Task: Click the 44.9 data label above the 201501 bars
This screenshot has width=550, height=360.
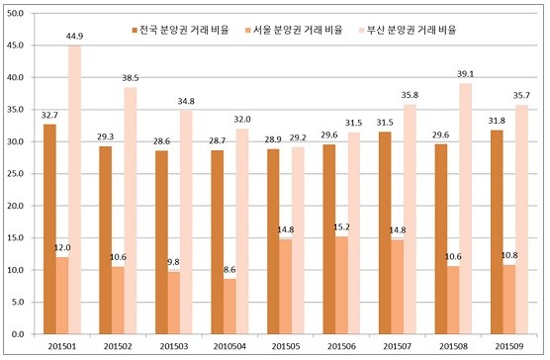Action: (x=74, y=37)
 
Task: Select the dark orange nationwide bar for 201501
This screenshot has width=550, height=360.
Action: (x=49, y=228)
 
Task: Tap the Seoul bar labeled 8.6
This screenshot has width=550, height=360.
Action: (x=229, y=307)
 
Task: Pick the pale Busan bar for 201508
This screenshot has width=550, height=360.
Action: (x=466, y=209)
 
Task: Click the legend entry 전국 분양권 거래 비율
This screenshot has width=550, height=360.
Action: (x=180, y=30)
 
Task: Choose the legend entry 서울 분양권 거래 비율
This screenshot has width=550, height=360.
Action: (x=294, y=30)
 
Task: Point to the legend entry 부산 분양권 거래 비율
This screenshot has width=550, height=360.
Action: (x=408, y=30)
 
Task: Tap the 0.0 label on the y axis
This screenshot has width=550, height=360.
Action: (x=17, y=334)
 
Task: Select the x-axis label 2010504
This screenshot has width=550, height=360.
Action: (x=229, y=347)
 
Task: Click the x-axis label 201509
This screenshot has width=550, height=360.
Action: (x=509, y=347)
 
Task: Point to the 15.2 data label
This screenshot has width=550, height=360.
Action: (x=341, y=227)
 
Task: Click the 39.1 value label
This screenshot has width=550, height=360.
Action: (x=466, y=74)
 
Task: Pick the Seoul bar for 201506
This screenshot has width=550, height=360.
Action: (x=341, y=286)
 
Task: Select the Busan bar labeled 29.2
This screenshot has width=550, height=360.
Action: (x=298, y=240)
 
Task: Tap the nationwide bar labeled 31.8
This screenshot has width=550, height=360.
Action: (x=497, y=232)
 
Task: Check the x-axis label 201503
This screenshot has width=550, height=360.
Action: (x=174, y=347)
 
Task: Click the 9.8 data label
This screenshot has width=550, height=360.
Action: (x=174, y=262)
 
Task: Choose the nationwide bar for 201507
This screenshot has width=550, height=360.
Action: (x=385, y=232)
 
